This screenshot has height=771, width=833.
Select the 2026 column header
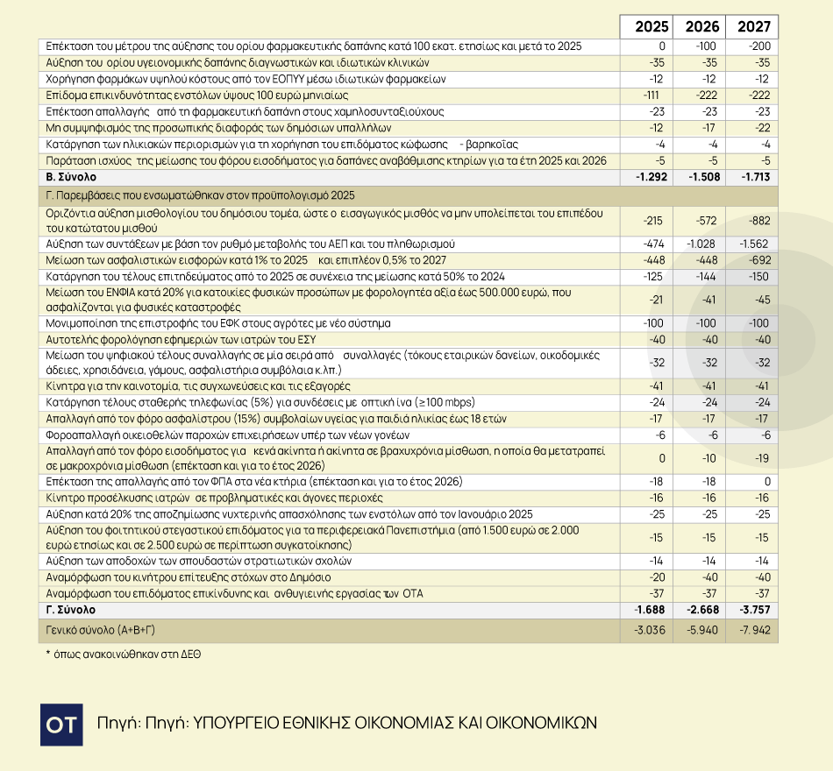[700, 26]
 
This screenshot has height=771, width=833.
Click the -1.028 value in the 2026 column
[700, 244]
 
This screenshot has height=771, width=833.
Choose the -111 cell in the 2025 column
[650, 95]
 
